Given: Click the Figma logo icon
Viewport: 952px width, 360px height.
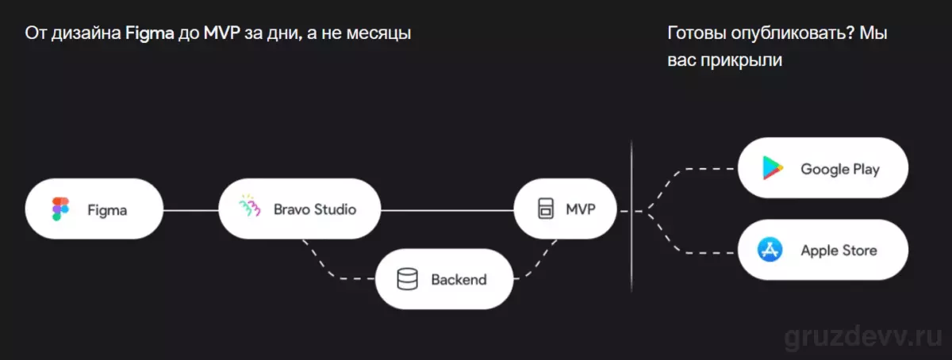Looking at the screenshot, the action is pos(60,209).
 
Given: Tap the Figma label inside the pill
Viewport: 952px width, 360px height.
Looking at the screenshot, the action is pos(107,210).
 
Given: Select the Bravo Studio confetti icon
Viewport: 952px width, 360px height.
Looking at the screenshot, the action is pos(249,206).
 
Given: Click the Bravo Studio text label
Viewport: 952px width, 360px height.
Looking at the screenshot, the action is pos(315,209).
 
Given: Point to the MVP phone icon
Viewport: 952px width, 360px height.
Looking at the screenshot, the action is pos(546,209).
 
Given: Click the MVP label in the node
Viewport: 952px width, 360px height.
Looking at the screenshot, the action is pos(581,209).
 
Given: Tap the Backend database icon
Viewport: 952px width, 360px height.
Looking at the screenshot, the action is pos(407,279).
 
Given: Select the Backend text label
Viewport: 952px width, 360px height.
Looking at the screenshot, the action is pos(459,280).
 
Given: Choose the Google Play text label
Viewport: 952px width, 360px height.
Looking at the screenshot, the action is pos(840,169).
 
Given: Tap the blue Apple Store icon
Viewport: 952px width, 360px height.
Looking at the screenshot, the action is pos(770,250).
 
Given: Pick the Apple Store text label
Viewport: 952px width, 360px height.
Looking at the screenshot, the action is pos(839,251).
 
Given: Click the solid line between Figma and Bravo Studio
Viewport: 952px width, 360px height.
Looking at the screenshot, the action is pos(191,210).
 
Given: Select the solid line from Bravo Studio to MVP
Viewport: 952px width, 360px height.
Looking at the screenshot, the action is pos(447,210).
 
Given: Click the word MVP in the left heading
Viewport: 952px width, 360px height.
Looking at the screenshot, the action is pos(222,33).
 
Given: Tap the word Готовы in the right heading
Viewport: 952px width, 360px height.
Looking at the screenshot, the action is pos(697,33).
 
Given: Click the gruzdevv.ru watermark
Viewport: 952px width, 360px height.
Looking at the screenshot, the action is pos(863,338).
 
